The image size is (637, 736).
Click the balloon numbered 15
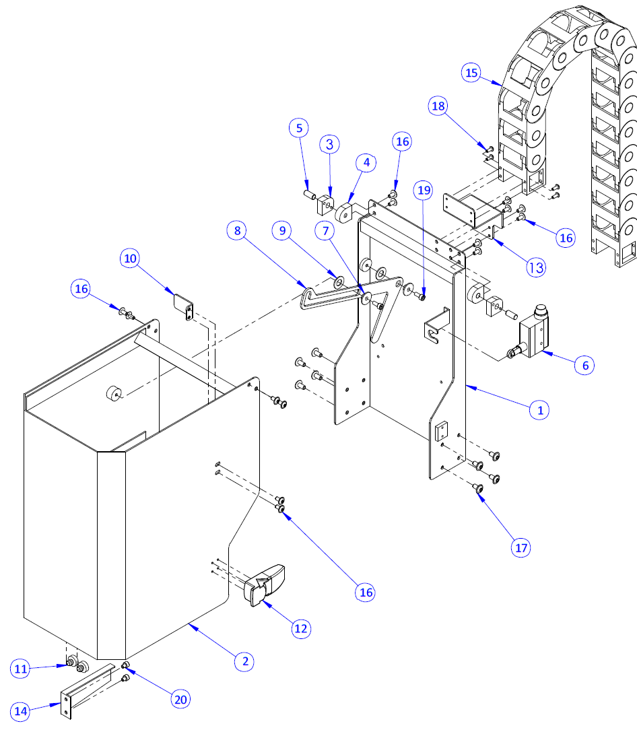coord(471,72)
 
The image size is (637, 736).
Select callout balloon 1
coord(539,409)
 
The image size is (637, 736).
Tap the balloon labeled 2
coord(329,143)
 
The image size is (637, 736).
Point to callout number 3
coord(366,162)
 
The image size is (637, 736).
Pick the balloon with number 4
coord(300,127)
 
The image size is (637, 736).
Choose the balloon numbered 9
coord(326,231)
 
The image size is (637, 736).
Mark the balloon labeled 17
coord(521,548)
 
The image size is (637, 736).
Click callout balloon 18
coord(438,106)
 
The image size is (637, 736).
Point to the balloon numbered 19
coord(423,191)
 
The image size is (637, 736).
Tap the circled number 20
coord(180,700)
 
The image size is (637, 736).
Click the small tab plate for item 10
coord(183,306)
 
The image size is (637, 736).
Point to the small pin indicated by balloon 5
coord(310,194)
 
